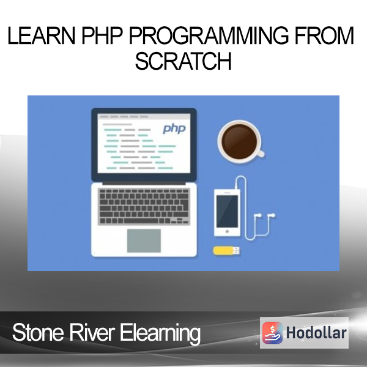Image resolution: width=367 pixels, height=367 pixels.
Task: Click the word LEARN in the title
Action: (42, 35)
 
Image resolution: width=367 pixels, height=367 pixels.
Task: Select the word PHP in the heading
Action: (102, 35)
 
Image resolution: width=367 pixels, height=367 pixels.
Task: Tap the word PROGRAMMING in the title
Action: (209, 35)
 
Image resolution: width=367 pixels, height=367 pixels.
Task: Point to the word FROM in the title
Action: (324, 35)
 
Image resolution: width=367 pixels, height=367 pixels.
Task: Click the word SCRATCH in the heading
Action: (183, 61)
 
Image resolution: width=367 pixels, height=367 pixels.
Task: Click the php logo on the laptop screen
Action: (174, 128)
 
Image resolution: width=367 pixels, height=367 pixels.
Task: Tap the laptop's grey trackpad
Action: (144, 240)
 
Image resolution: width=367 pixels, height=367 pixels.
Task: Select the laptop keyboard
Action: (144, 207)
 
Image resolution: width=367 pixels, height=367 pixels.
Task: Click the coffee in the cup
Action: (239, 141)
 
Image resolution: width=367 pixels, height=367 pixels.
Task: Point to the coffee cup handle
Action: (261, 154)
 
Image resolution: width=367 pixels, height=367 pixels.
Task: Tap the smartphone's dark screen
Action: (227, 212)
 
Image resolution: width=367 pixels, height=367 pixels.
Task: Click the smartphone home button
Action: (227, 231)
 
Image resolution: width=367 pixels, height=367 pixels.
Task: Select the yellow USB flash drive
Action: (226, 250)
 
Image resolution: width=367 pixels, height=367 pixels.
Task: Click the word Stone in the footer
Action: (38, 332)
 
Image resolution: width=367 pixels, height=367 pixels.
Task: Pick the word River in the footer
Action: (92, 332)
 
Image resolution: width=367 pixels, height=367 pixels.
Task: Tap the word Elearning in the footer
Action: (160, 333)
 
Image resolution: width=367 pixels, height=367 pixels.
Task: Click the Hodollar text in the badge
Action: (316, 333)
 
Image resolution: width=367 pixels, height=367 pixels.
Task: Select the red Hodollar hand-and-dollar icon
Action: (272, 333)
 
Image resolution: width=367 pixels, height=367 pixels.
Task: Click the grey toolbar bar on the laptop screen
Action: (144, 116)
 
